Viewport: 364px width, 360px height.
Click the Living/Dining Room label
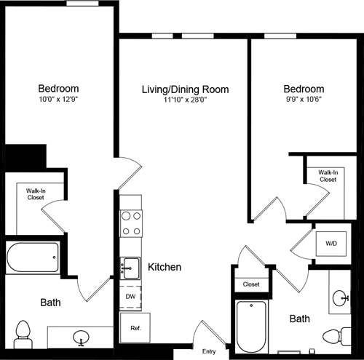click(185, 89)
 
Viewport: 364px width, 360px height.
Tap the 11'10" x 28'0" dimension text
click(185, 100)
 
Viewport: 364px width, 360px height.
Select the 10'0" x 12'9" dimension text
click(59, 99)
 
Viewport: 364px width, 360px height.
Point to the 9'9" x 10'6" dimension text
click(304, 100)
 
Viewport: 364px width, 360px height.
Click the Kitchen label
click(165, 267)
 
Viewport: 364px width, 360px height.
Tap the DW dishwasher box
click(130, 297)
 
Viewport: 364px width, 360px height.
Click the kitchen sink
click(130, 267)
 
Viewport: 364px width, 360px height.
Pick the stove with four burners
click(130, 223)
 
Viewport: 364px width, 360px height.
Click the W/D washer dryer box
click(331, 244)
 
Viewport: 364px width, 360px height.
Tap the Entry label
click(208, 351)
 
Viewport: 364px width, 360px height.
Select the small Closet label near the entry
click(251, 284)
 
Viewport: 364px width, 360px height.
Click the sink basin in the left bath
click(82, 337)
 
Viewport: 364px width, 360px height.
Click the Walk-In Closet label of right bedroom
click(328, 175)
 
